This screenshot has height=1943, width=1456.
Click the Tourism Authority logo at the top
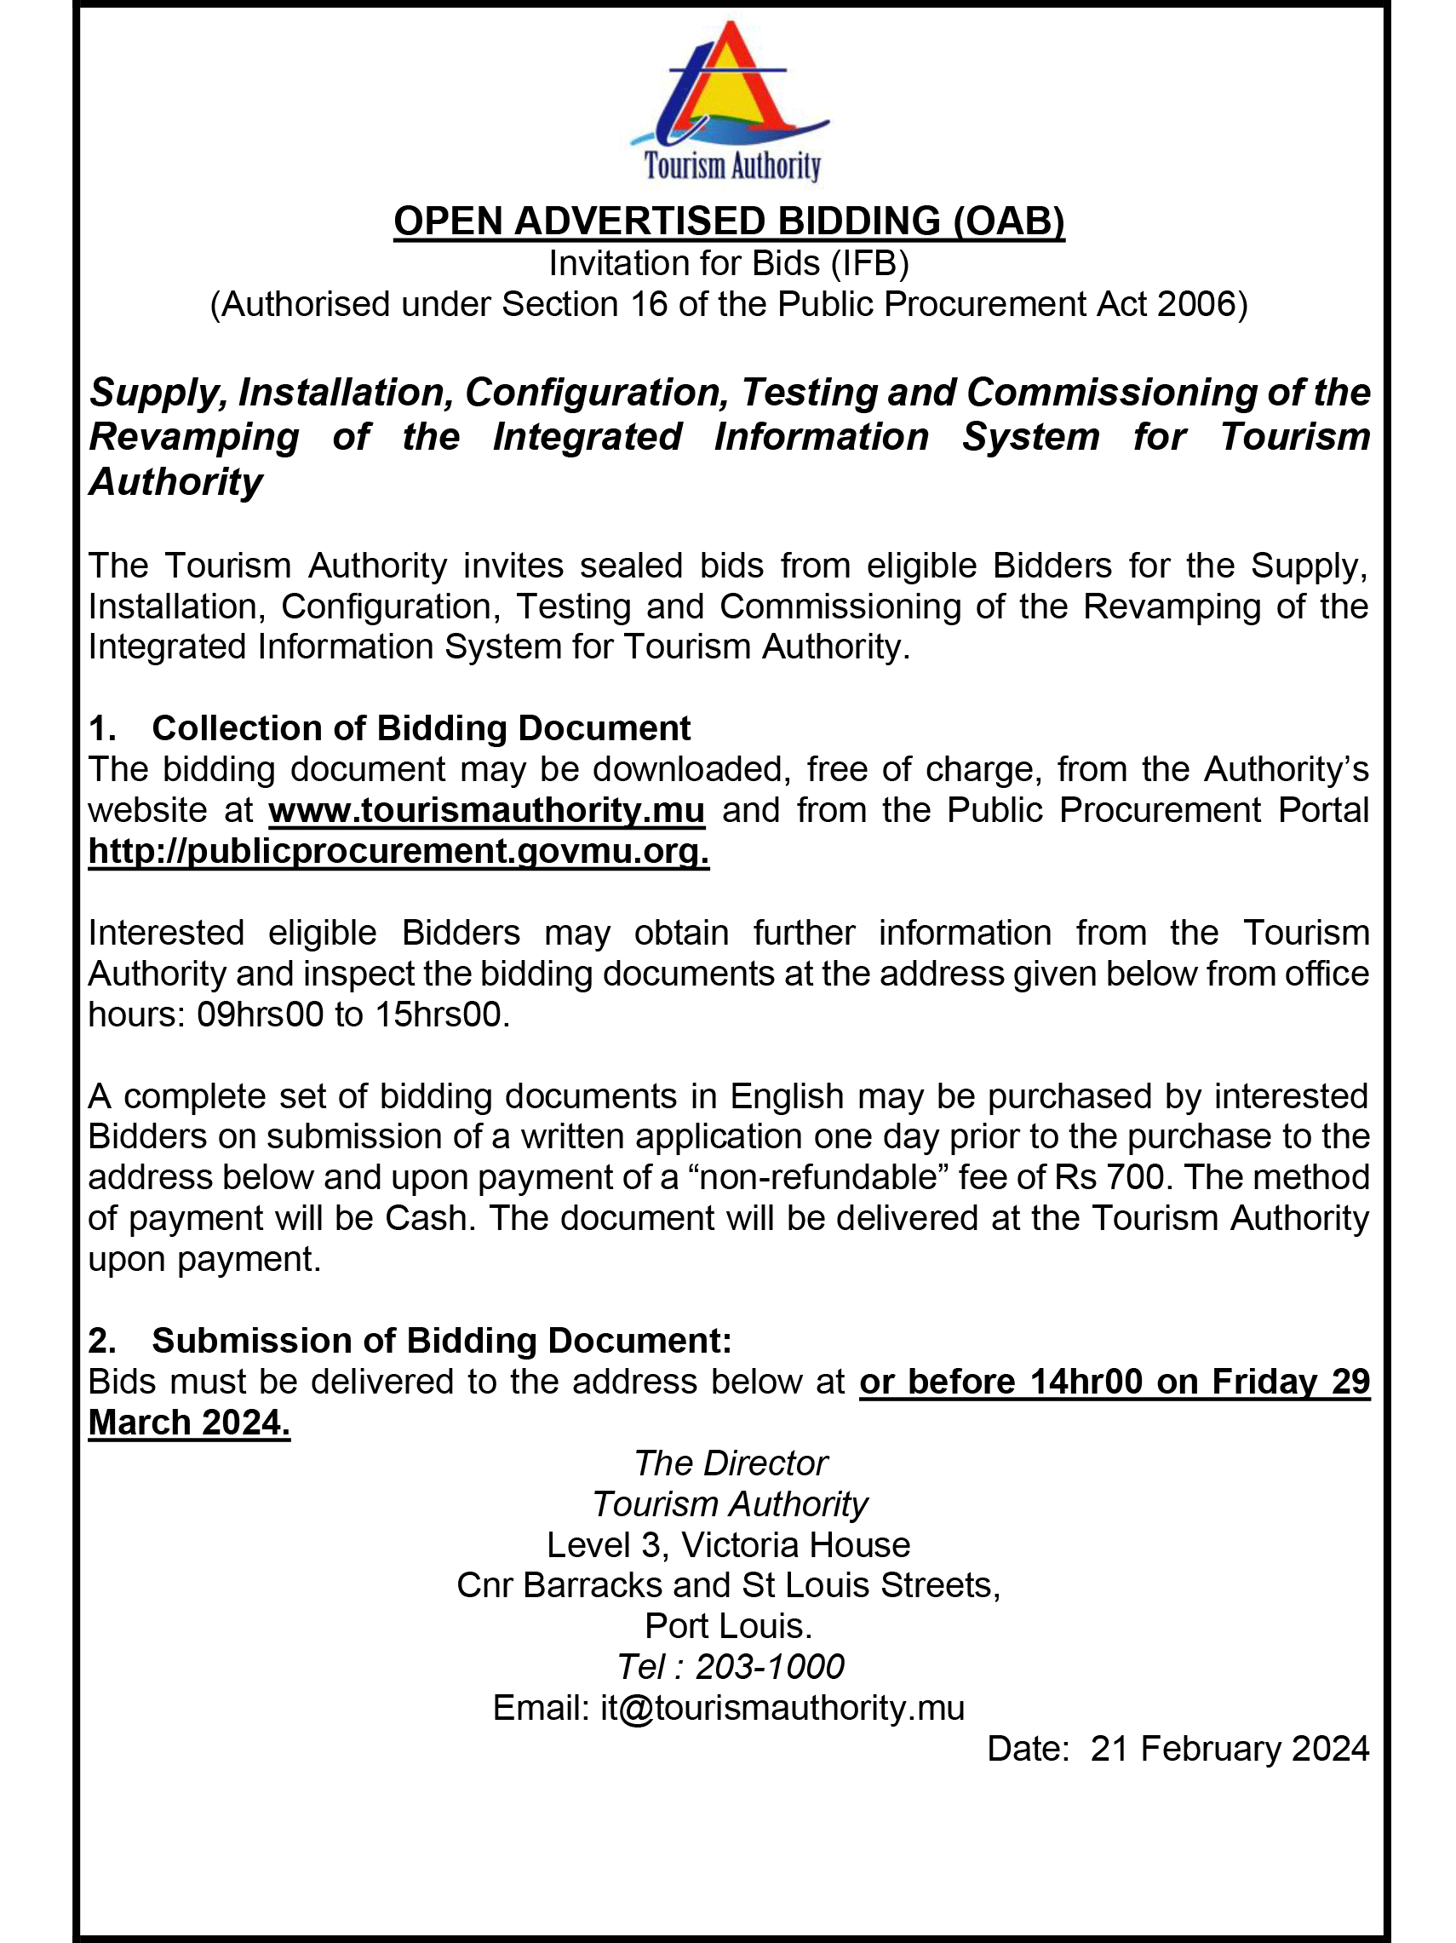730,101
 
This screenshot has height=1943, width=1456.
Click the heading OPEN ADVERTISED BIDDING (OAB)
729,221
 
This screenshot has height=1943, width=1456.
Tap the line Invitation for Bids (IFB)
729,263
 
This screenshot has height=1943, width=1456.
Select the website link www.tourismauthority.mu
486,810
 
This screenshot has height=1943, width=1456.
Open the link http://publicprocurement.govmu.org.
398,851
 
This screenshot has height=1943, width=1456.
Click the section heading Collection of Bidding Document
421,728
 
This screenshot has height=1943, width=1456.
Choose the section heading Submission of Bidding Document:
441,1341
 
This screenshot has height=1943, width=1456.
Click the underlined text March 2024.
189,1423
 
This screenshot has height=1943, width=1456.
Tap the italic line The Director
730,1463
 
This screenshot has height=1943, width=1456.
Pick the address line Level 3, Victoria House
728,1545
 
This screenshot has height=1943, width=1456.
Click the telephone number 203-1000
769,1667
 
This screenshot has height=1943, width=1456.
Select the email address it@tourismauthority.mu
782,1708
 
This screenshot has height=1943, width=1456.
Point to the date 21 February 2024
1229,1749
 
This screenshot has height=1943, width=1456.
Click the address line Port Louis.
728,1626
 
